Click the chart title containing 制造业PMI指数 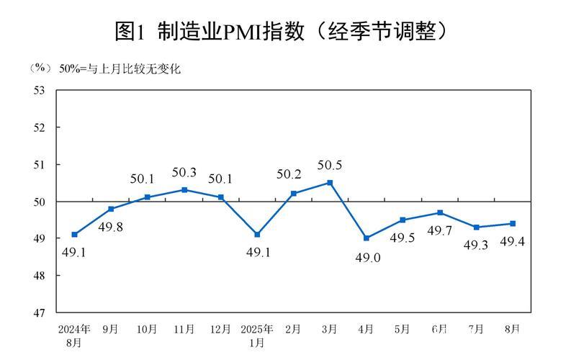(284, 30)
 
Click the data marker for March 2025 (330, 182)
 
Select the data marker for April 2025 (367, 238)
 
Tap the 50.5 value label (330, 166)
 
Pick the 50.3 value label (184, 173)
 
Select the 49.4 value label (513, 241)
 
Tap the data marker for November (184, 189)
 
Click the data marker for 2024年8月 (74, 235)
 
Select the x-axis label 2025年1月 (257, 336)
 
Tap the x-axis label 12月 (220, 329)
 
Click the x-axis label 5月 (403, 329)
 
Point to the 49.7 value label (439, 230)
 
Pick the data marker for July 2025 (476, 227)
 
